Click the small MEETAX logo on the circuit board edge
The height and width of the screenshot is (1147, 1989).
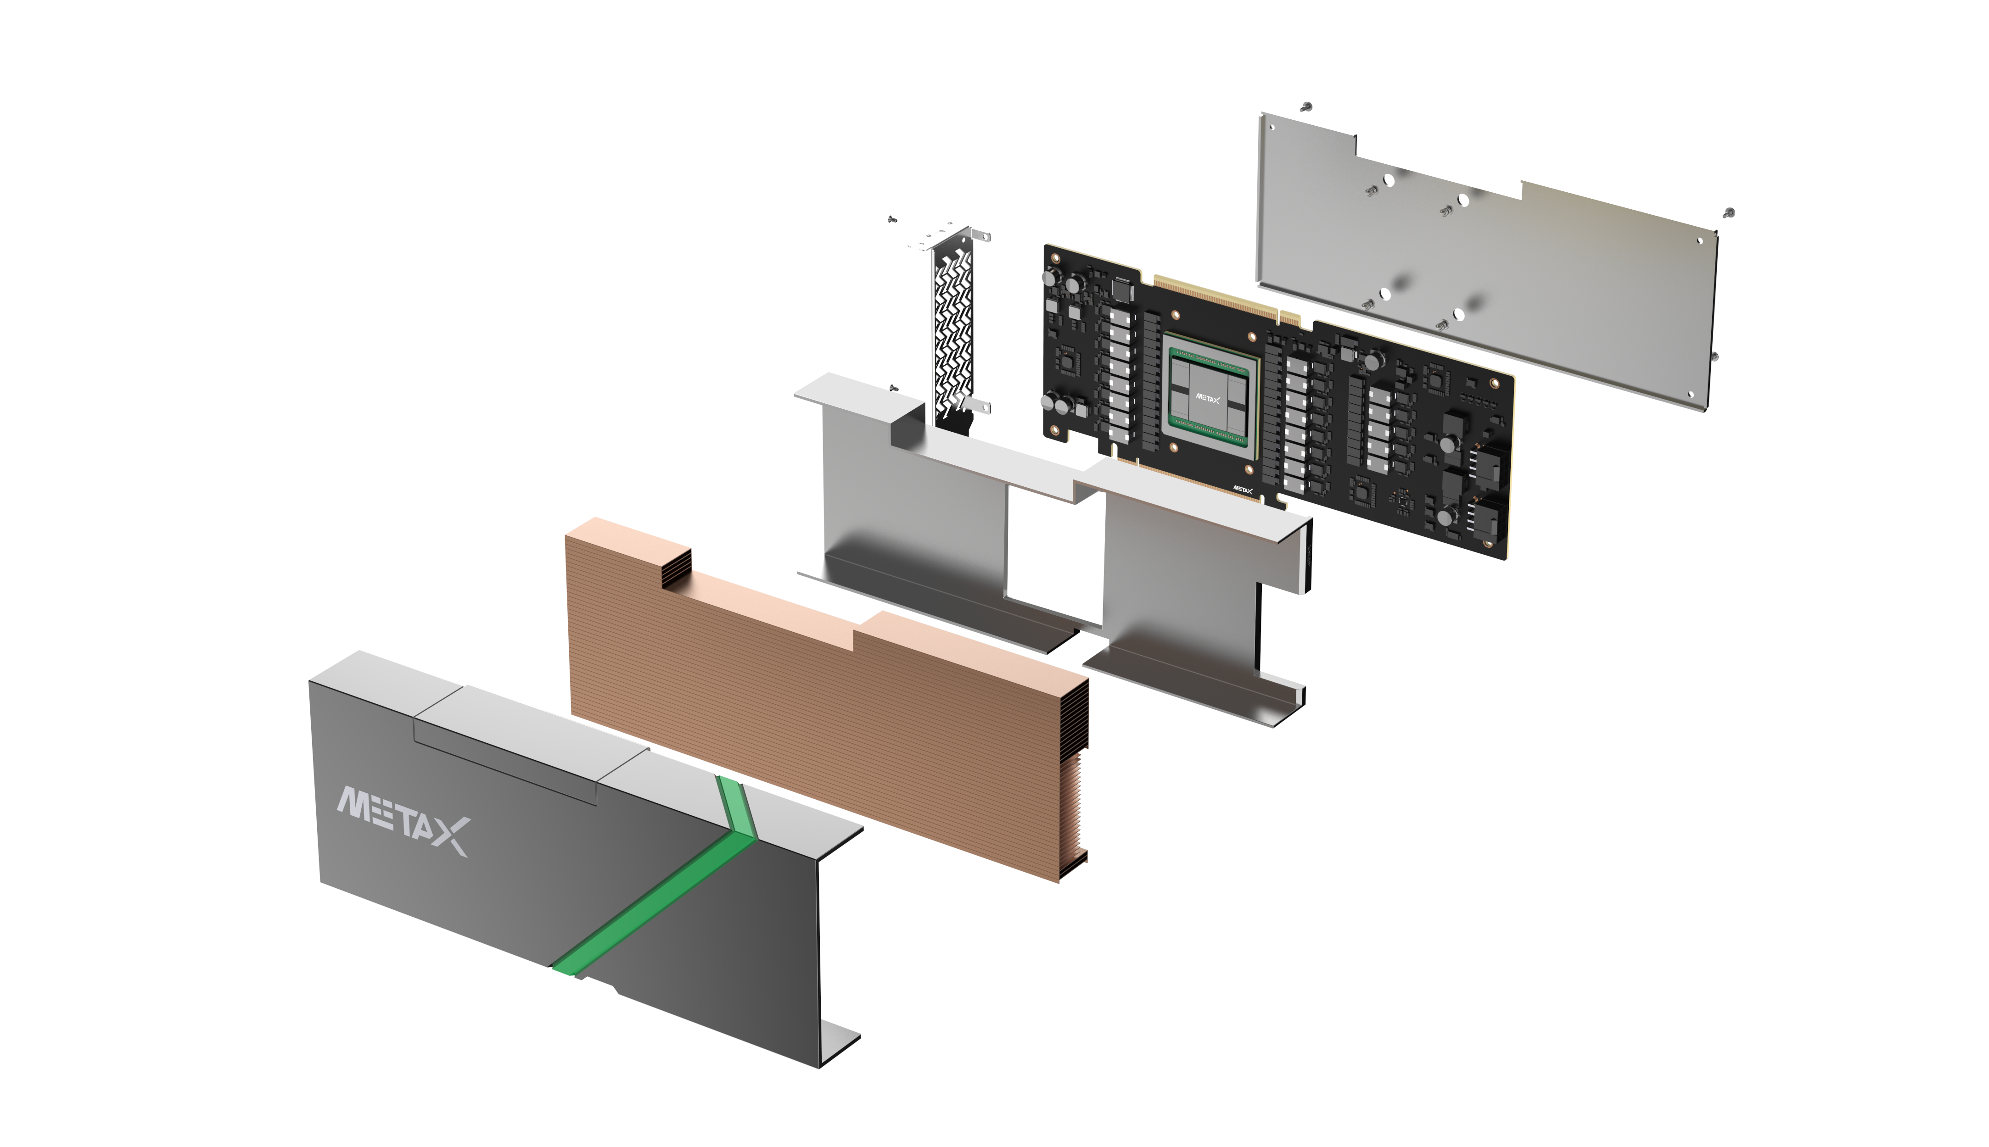coord(1243,490)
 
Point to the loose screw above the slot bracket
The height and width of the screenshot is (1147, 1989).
coord(892,219)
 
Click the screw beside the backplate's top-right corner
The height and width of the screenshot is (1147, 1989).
coord(1729,213)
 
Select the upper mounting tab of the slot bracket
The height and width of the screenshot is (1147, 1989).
coord(981,235)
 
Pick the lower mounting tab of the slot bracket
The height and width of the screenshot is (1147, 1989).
coord(981,406)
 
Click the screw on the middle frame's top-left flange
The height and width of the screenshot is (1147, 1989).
coord(893,388)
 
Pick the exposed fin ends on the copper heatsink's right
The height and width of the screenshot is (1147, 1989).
coord(1073,780)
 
